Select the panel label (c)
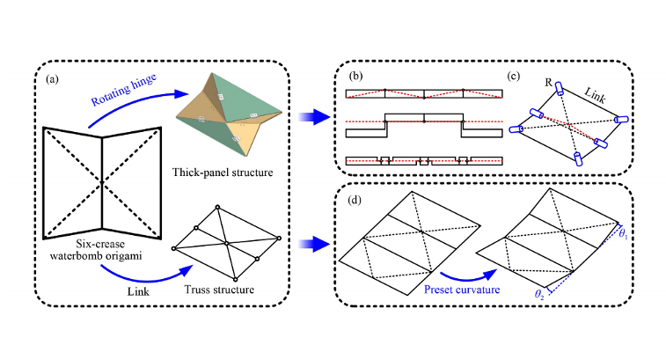coord(516,76)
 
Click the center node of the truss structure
coord(226,242)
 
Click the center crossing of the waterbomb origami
coord(104,181)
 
